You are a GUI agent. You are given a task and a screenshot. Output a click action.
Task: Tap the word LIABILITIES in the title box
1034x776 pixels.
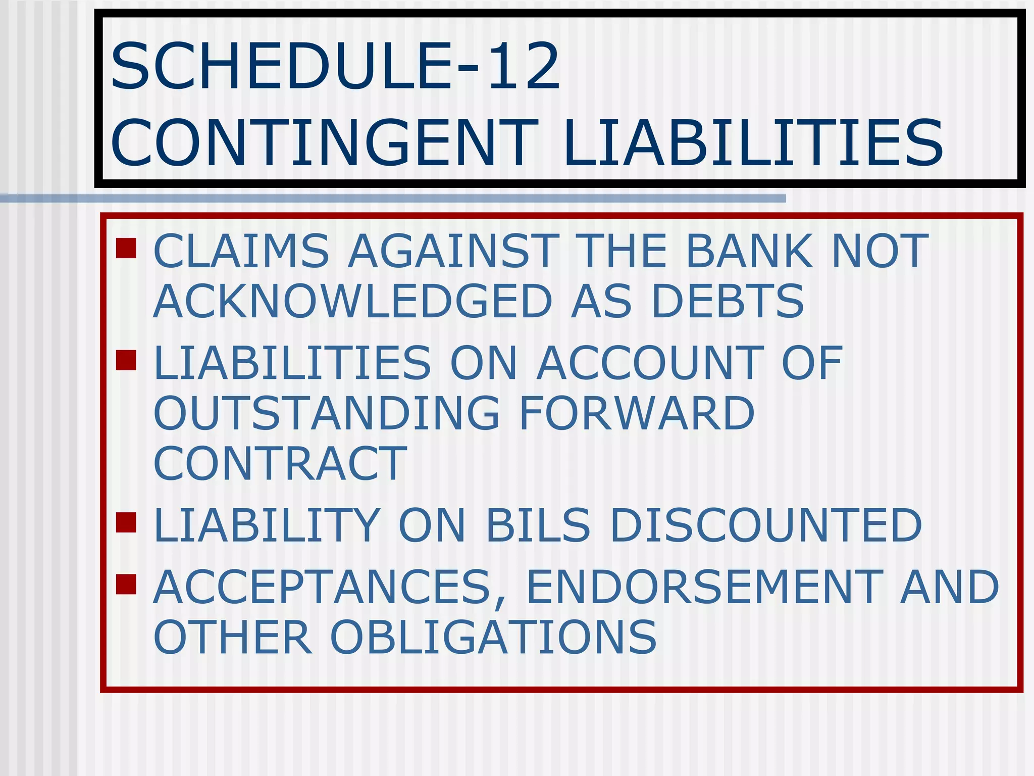pyautogui.click(x=752, y=142)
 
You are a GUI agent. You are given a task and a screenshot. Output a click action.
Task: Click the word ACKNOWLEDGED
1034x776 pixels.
pyautogui.click(x=352, y=302)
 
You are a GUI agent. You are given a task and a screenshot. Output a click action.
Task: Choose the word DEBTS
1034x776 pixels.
pyautogui.click(x=728, y=302)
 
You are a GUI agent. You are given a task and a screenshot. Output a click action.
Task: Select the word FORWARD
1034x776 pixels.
pyautogui.click(x=637, y=413)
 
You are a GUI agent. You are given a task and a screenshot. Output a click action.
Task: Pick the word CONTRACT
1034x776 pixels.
pyautogui.click(x=280, y=464)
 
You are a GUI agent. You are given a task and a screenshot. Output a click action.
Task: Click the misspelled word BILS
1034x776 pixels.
pyautogui.click(x=538, y=525)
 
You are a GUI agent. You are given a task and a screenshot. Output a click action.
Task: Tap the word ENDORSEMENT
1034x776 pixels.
pyautogui.click(x=705, y=587)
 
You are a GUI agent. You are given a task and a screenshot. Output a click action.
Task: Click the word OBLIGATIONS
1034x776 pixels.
pyautogui.click(x=493, y=638)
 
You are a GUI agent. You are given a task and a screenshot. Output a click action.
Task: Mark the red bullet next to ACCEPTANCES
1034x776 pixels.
pyautogui.click(x=126, y=584)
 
